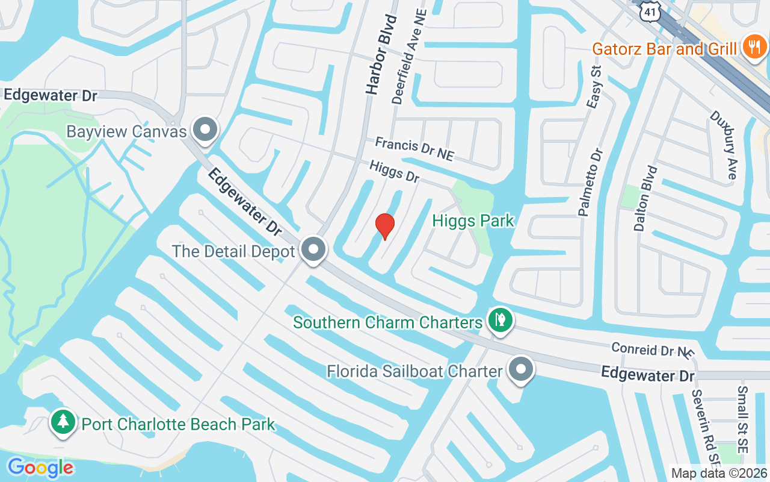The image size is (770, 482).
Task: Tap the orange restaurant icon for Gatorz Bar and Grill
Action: [x=753, y=48]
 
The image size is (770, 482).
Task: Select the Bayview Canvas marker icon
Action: [x=205, y=130]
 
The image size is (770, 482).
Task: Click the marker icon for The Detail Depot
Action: [x=313, y=250]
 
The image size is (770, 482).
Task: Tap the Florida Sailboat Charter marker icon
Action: [x=521, y=369]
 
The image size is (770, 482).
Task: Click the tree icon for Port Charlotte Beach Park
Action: [x=63, y=423]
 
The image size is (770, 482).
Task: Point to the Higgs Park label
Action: [x=473, y=221]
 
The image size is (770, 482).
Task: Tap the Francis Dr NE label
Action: [x=414, y=149]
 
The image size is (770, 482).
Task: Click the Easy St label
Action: [x=595, y=88]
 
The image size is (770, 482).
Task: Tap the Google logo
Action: [x=40, y=468]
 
